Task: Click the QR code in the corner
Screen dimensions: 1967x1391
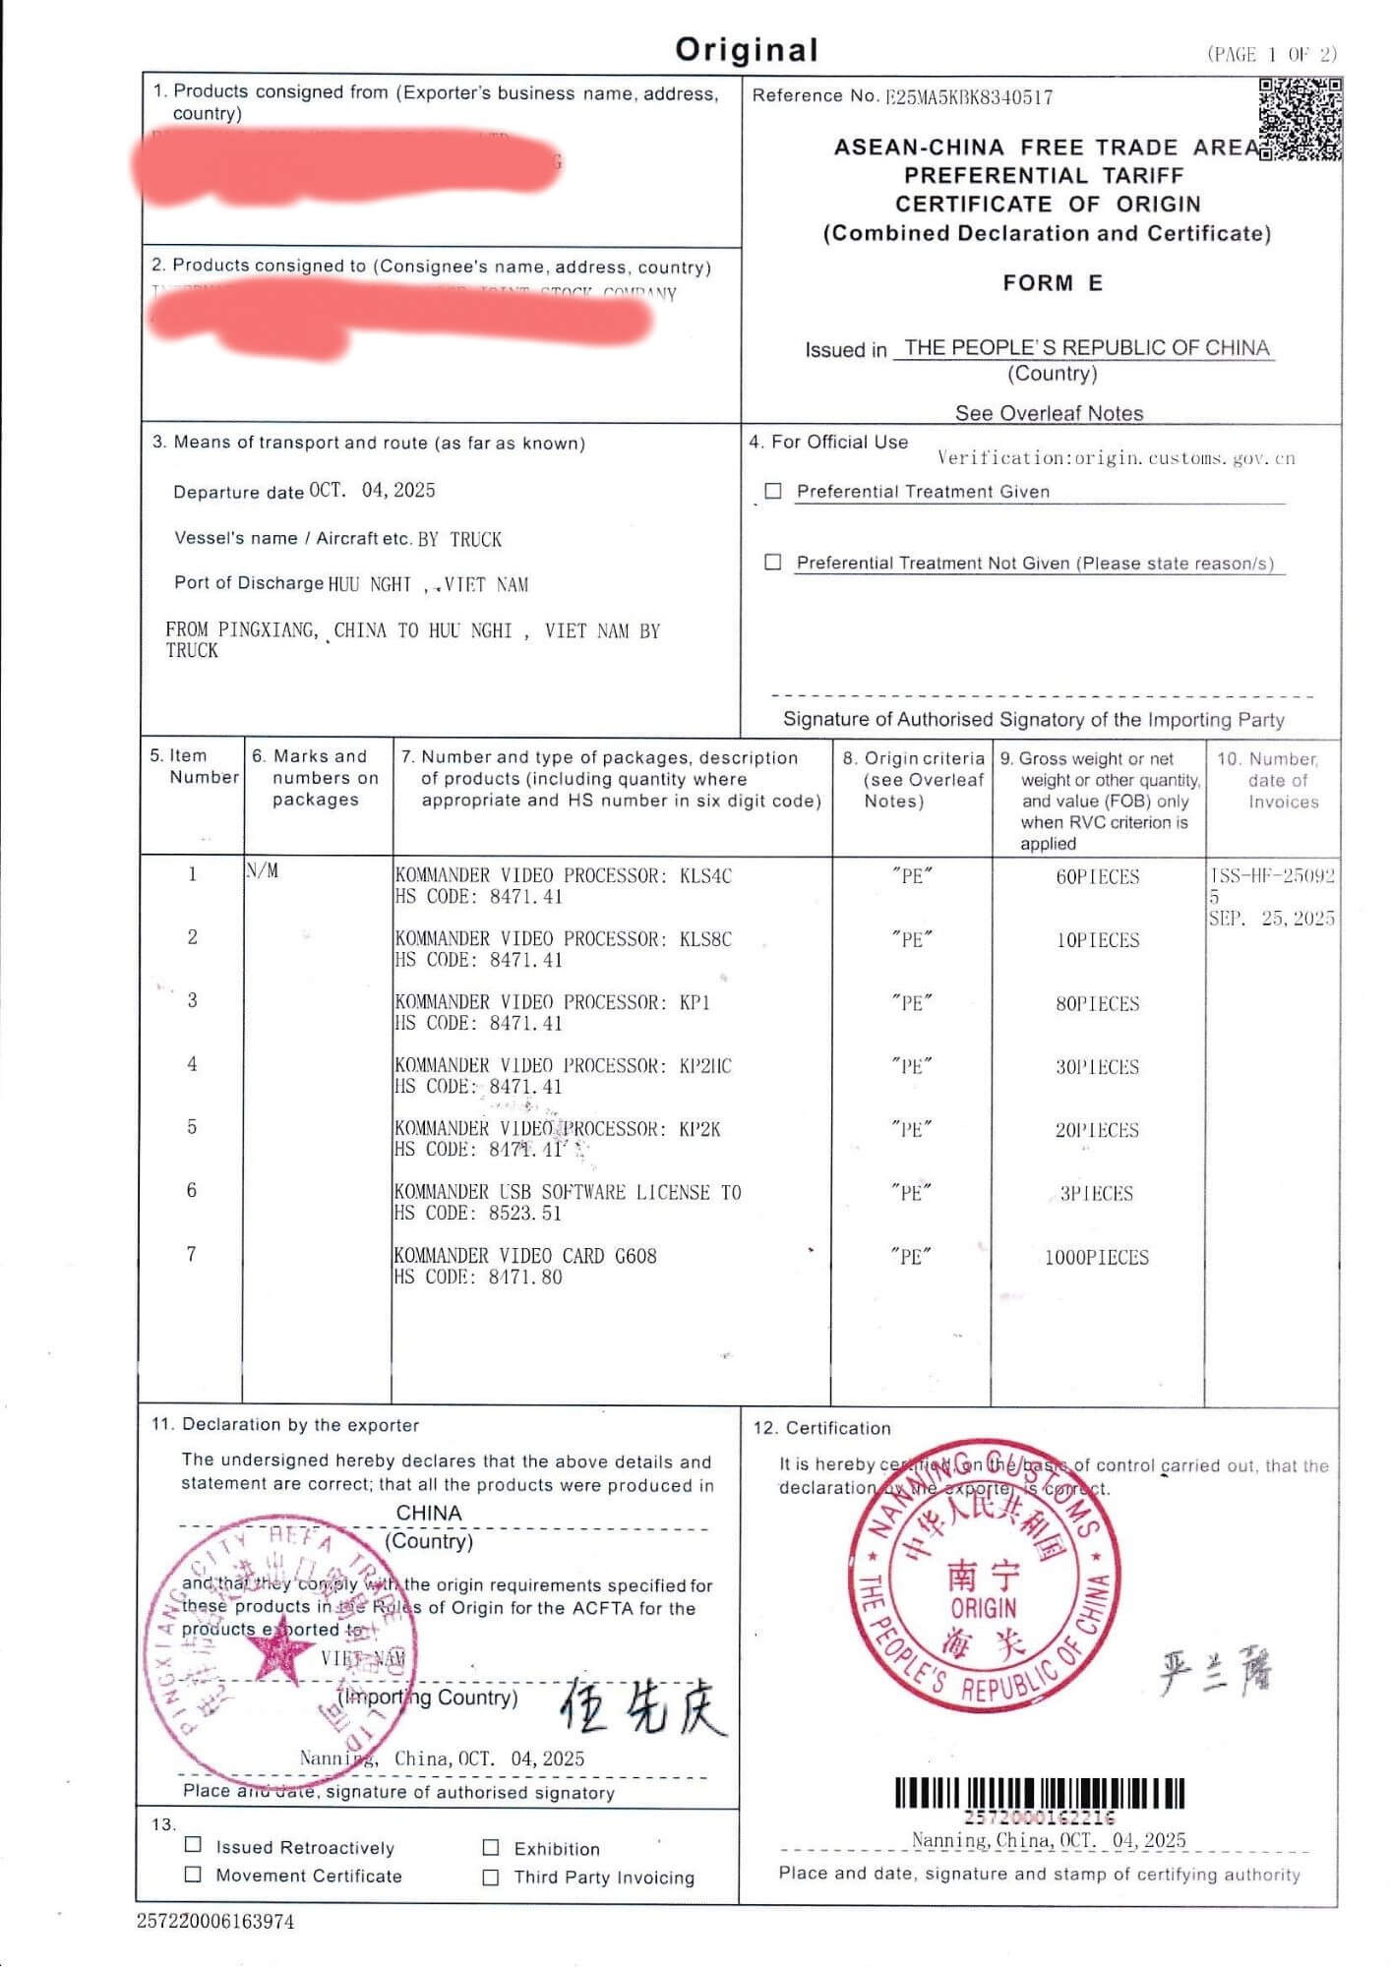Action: coord(1300,119)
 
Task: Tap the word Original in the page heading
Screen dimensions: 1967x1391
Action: coord(747,50)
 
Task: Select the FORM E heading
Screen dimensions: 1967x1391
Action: coord(1053,283)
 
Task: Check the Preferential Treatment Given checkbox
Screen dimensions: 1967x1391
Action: coord(774,491)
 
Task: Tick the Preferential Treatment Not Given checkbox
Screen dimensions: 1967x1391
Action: coord(774,562)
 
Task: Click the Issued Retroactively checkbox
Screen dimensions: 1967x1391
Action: coord(194,1845)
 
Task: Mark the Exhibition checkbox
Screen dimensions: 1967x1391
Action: coord(491,1847)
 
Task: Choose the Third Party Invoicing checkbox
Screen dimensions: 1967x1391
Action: coord(491,1877)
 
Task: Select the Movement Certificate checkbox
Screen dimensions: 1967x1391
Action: coord(194,1874)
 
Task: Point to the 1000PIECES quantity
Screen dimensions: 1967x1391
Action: coord(1096,1257)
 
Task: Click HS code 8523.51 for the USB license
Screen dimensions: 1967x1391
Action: coord(525,1214)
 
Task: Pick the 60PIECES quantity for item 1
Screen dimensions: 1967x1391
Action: coord(1097,876)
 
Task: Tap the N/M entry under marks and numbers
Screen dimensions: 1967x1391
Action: coord(262,871)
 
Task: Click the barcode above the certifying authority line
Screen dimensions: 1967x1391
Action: coord(1039,1794)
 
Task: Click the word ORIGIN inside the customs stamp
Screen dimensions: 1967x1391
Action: coord(984,1608)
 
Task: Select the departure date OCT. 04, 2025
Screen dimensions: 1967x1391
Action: coord(372,491)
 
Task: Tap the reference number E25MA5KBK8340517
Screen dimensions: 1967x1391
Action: coord(969,97)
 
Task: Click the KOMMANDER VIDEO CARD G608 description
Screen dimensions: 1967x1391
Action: coord(525,1256)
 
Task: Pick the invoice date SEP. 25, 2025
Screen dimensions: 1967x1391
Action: coord(1271,919)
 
